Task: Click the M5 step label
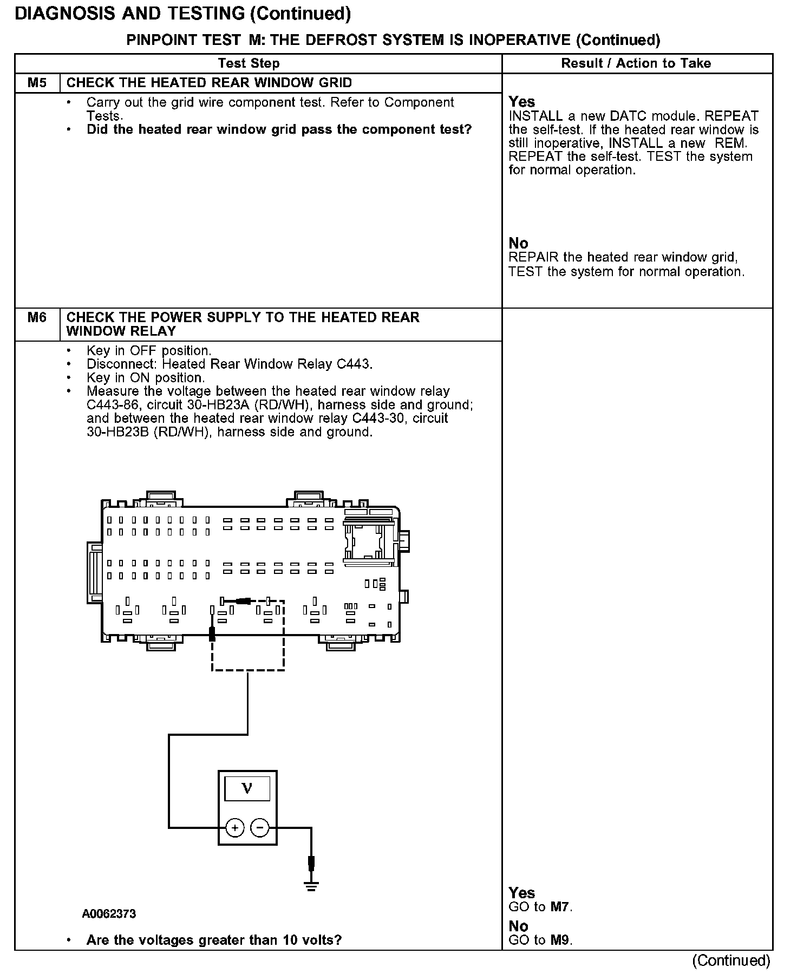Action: click(37, 83)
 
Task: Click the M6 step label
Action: click(37, 317)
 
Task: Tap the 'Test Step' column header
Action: click(249, 63)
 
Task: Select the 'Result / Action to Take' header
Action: click(636, 63)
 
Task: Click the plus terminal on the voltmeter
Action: click(234, 827)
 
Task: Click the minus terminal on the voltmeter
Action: click(260, 827)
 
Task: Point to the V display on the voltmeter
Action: click(247, 788)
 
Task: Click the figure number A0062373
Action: click(109, 914)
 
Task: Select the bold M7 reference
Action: click(560, 907)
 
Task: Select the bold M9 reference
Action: click(560, 940)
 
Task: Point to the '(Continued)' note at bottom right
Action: click(731, 961)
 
